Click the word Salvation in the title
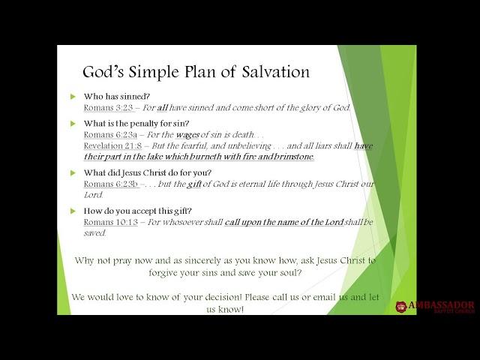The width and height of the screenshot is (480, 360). coord(275,72)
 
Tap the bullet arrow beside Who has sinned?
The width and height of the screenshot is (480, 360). coord(73,97)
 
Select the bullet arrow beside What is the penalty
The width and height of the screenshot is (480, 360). coord(73,124)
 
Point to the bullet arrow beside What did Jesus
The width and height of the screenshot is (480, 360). coord(73,173)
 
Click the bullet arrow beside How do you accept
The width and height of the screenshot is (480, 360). coord(73,211)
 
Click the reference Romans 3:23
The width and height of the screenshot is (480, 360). coord(108,108)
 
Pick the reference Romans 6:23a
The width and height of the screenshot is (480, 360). coord(110,135)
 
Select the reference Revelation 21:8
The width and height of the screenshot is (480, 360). coord(112,145)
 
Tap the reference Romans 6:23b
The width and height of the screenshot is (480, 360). coord(111,184)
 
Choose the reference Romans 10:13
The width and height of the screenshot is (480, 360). coord(111,222)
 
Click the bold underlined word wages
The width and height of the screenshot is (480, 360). coord(187,135)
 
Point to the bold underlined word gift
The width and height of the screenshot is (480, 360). coord(194,184)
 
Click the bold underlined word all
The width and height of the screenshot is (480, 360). coord(162,108)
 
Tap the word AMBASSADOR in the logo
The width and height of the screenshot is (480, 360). coord(442,305)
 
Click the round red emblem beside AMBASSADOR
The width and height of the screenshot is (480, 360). coord(401,307)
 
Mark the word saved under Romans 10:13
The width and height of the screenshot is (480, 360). coord(95,233)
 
